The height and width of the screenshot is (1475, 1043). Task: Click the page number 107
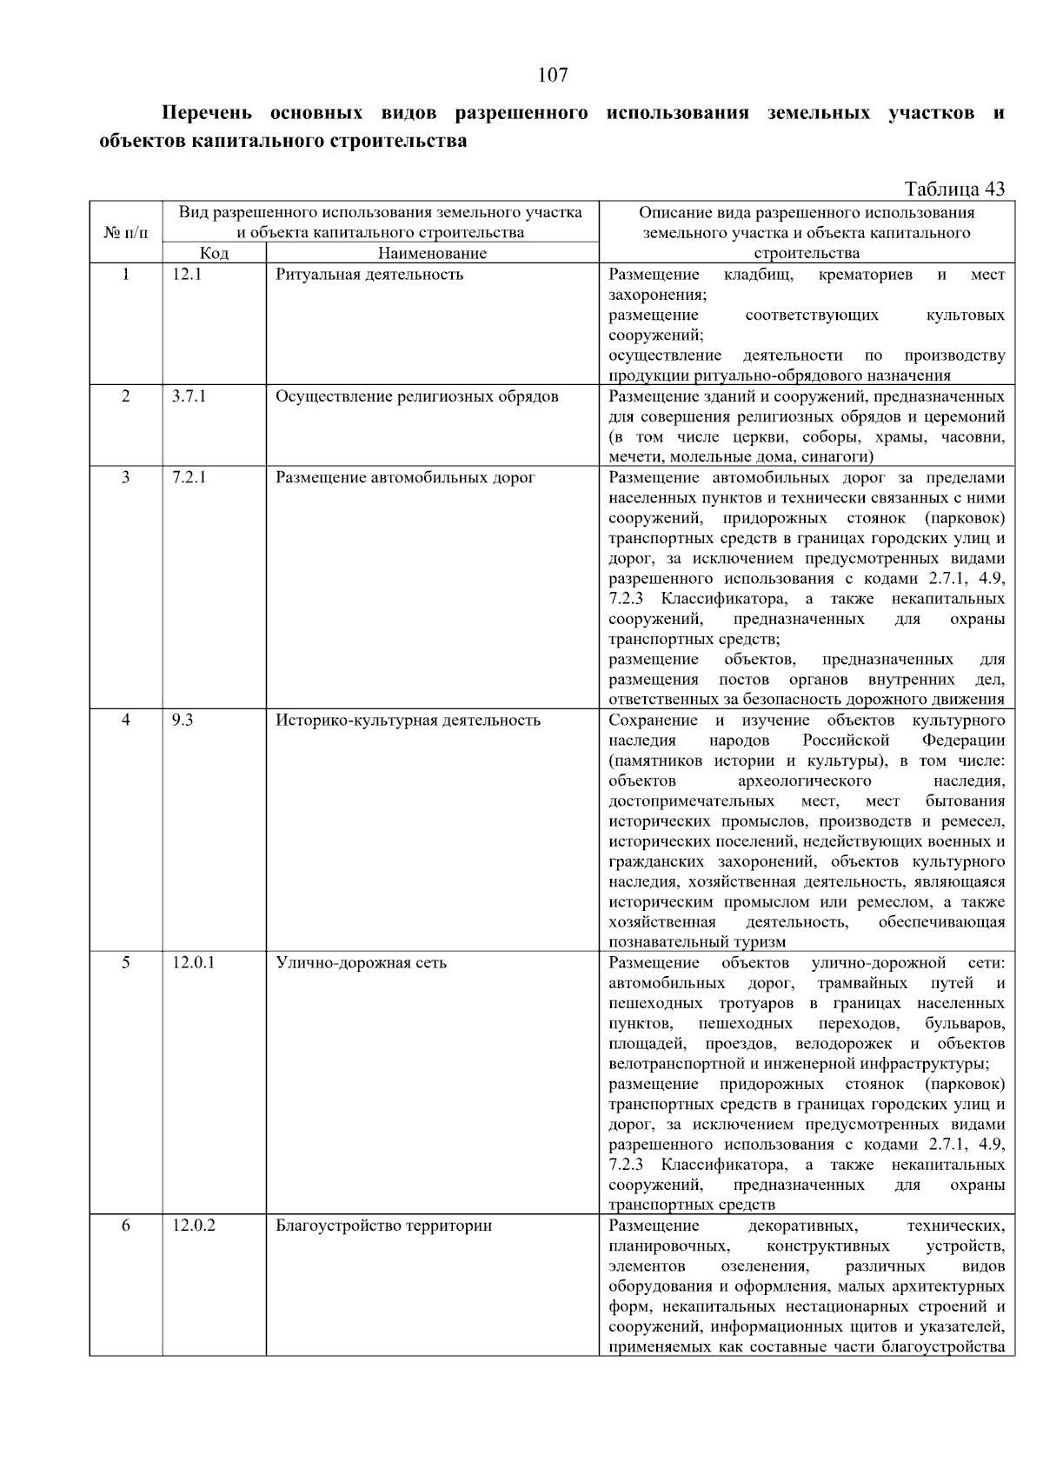tap(553, 75)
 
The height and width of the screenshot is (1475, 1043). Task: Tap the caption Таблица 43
tap(954, 189)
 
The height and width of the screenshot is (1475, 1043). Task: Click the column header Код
tap(214, 253)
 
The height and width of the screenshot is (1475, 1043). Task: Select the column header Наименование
tap(432, 253)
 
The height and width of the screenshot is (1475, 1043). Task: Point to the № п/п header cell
tap(126, 233)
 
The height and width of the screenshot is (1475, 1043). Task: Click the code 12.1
tap(187, 275)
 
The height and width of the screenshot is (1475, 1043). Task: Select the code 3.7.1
tap(189, 396)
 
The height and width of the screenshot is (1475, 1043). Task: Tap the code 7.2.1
tap(189, 477)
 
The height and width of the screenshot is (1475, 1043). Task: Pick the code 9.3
tap(183, 720)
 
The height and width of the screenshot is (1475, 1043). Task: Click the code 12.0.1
tap(193, 962)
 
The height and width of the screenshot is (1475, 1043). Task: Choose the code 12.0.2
tap(194, 1226)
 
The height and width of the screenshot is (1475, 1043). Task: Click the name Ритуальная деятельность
tap(369, 275)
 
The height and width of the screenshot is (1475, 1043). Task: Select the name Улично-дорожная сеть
tap(361, 962)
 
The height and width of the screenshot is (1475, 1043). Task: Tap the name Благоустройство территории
tap(383, 1226)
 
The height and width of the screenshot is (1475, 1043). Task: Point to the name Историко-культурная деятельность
tap(408, 720)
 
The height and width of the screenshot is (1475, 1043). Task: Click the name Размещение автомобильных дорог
tap(405, 477)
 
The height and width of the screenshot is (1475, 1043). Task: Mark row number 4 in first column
tap(126, 720)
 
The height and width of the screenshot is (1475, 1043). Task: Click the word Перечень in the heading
tap(207, 113)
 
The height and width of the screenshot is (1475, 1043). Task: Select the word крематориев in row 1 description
tap(866, 275)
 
